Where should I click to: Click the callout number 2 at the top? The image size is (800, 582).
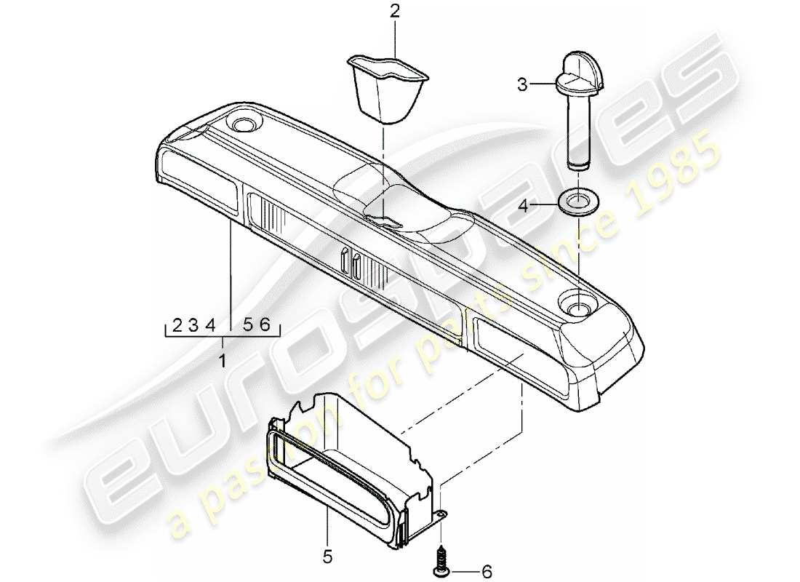tap(394, 11)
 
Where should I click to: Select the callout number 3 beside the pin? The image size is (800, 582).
tap(521, 86)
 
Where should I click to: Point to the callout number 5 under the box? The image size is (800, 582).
tap(327, 557)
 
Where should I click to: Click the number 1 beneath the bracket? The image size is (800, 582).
tap(223, 359)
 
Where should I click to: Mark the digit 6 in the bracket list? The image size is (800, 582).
tap(265, 326)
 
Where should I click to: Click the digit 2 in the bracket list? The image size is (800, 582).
tap(177, 326)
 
